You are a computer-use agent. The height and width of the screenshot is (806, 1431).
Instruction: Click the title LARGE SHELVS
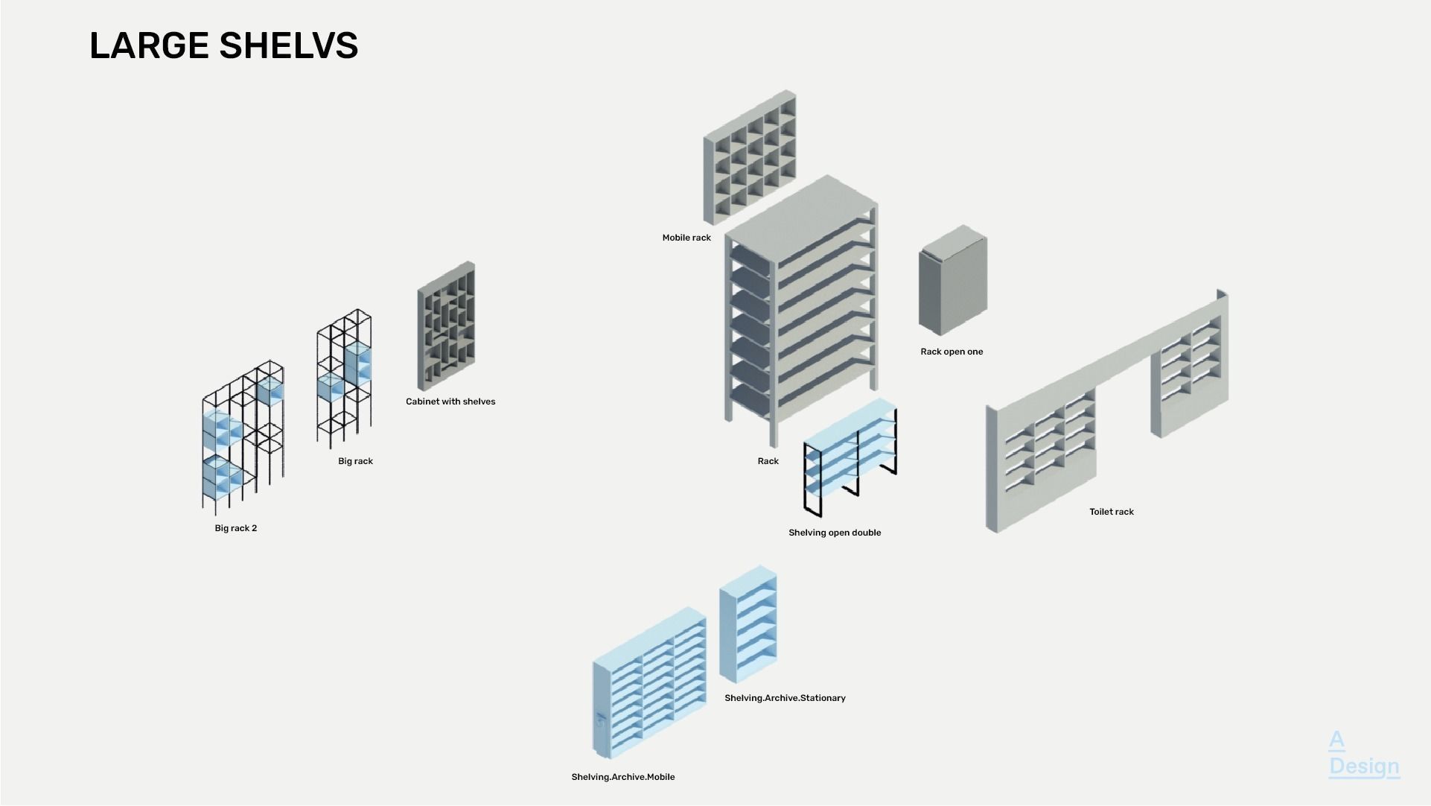(223, 45)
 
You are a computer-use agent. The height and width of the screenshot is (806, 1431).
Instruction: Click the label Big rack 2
(235, 528)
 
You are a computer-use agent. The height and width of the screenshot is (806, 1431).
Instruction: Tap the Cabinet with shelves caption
(450, 402)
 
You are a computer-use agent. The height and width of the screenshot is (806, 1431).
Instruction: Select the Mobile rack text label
(686, 238)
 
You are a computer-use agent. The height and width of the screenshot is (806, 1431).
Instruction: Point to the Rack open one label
(951, 352)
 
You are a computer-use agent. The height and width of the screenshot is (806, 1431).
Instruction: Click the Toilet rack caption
(1111, 512)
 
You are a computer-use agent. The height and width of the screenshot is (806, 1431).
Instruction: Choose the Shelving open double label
(834, 533)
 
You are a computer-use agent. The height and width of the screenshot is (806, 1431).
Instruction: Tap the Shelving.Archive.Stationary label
(785, 698)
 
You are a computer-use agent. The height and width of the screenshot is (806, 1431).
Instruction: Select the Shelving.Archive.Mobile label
(622, 777)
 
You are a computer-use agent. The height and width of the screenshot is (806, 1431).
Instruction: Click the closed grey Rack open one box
(952, 282)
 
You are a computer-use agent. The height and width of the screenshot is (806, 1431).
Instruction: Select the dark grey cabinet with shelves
(446, 326)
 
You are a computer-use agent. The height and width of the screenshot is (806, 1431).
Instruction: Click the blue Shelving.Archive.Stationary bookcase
(748, 624)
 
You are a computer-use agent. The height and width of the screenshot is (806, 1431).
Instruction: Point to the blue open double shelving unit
(850, 457)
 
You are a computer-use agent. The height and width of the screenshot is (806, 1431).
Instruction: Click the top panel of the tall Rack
(800, 215)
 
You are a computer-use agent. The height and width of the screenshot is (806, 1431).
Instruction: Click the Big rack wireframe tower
(344, 377)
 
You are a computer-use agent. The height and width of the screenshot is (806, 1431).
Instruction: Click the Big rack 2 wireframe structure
(242, 440)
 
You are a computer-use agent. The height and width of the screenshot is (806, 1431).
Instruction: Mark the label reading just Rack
(768, 461)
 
